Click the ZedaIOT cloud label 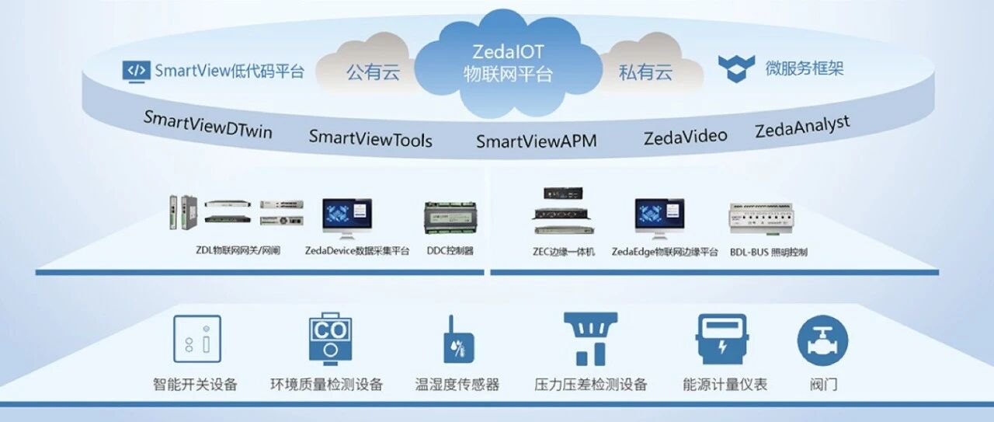click(508, 63)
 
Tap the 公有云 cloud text click(374, 72)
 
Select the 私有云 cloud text click(645, 72)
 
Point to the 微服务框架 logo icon click(736, 68)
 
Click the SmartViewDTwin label click(208, 125)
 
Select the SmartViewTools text click(370, 138)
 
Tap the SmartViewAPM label click(537, 141)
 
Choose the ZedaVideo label click(686, 137)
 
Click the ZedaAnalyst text click(803, 126)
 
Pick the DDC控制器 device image click(450, 218)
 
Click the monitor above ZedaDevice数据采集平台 click(347, 218)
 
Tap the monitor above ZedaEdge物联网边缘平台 click(659, 218)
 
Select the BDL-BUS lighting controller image click(762, 218)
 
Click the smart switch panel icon click(197, 339)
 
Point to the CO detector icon click(331, 339)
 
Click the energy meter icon click(722, 340)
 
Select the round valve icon click(822, 340)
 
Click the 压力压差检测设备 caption click(591, 384)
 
